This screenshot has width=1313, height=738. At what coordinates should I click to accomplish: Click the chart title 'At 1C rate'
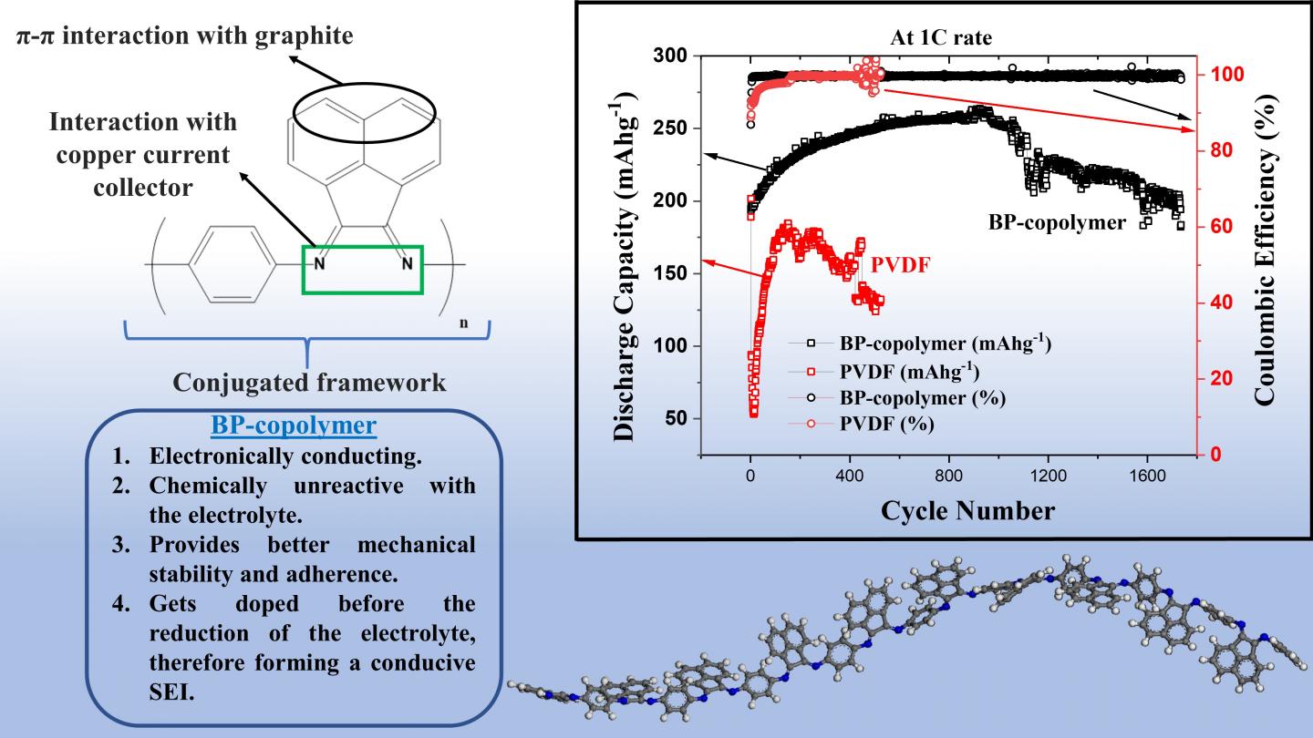[x=942, y=39]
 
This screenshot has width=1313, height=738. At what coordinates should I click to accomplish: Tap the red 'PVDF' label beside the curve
[x=899, y=266]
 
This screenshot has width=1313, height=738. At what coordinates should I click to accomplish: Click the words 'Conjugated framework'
[x=309, y=383]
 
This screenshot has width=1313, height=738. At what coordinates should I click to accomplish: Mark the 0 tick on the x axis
[x=750, y=475]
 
